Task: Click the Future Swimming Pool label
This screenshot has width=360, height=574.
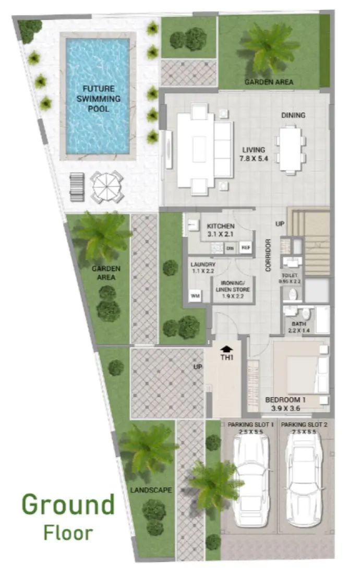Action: click(x=98, y=99)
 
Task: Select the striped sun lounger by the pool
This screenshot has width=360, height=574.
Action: click(x=77, y=185)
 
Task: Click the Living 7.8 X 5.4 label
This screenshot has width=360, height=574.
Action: click(x=253, y=154)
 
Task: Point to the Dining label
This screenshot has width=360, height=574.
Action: click(x=293, y=115)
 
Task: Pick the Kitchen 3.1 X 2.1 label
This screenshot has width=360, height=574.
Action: click(x=220, y=230)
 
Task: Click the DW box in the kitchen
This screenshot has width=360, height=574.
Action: click(x=230, y=249)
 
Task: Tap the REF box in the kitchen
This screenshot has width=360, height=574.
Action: click(x=245, y=248)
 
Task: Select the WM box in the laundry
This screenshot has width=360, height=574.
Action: click(x=196, y=296)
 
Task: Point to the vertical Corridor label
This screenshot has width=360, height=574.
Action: click(x=268, y=255)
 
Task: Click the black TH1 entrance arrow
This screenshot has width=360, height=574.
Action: click(x=226, y=348)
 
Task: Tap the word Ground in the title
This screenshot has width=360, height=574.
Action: click(x=68, y=505)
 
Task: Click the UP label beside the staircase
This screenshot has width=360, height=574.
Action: click(x=280, y=224)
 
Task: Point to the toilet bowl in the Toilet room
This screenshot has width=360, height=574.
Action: click(x=292, y=294)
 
